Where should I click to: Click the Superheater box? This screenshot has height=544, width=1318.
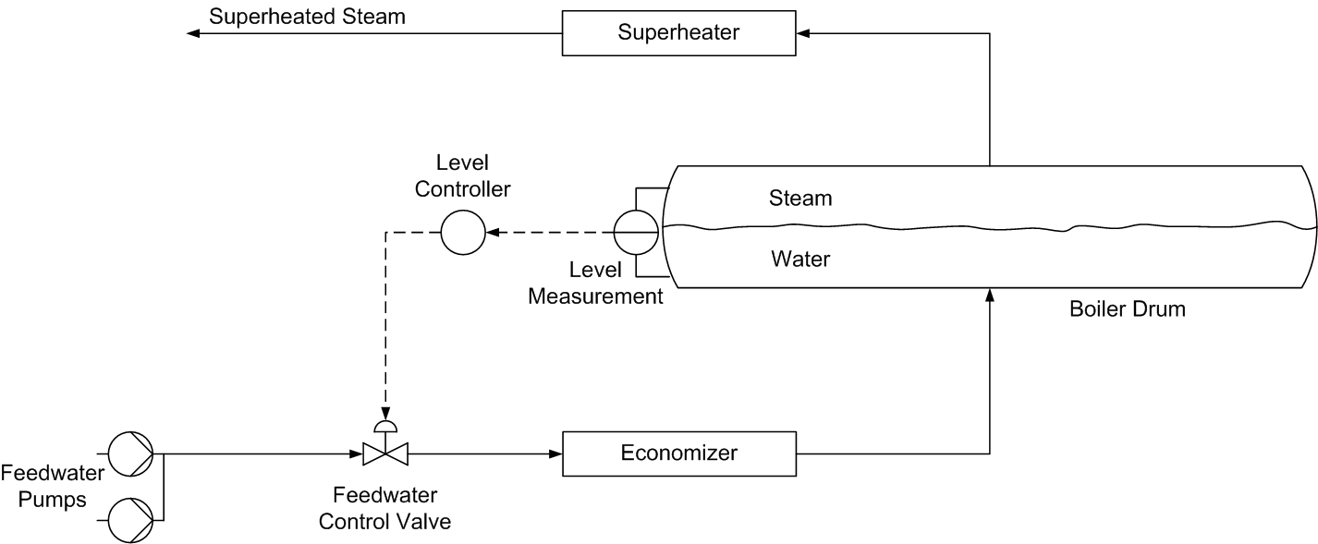tap(678, 33)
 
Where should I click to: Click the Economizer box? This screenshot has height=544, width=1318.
tap(678, 453)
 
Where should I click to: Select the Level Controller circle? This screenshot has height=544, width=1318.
tap(462, 232)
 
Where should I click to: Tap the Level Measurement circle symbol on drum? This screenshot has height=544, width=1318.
tap(636, 232)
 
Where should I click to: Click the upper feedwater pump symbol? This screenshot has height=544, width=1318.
tap(130, 453)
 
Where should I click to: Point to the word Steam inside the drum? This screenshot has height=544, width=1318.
tap(800, 198)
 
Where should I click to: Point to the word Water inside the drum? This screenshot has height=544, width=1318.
tap(800, 260)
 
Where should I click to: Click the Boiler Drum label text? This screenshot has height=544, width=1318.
tap(1127, 309)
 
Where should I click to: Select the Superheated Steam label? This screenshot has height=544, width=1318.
tap(307, 16)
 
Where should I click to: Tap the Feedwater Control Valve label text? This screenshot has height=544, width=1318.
tap(384, 507)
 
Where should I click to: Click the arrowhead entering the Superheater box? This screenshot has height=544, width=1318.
tap(803, 33)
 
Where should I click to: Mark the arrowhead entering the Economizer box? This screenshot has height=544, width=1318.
tap(555, 453)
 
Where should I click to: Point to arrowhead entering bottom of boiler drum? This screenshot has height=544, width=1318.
tap(990, 295)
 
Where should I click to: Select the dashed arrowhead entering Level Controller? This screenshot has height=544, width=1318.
tap(492, 232)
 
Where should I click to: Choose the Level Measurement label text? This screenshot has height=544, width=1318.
tap(595, 284)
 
